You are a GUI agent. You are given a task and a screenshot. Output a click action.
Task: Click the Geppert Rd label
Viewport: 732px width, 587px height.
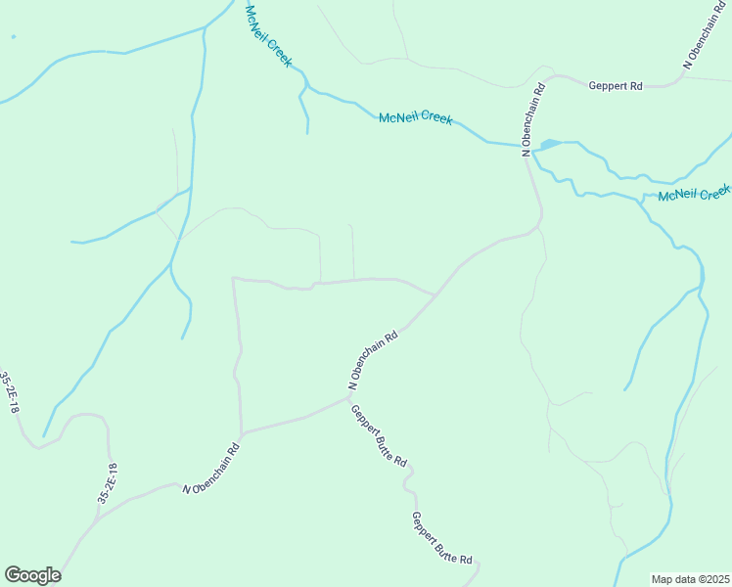[615, 86]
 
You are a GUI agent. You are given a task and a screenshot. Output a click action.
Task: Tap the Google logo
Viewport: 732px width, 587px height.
[32, 575]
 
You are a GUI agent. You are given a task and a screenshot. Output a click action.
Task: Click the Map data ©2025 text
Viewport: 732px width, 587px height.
[691, 579]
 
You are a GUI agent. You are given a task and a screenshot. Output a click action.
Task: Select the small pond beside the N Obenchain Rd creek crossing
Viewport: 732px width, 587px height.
[549, 145]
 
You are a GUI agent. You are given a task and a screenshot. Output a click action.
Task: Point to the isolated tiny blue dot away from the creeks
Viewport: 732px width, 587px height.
[13, 37]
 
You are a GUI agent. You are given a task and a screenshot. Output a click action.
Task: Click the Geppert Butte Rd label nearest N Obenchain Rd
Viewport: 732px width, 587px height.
[379, 435]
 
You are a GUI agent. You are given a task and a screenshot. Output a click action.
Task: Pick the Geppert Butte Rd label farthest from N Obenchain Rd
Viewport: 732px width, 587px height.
[441, 538]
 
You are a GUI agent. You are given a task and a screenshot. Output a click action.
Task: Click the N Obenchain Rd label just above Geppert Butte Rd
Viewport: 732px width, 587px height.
[372, 360]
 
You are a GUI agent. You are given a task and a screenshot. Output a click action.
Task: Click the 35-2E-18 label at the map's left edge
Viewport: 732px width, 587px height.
[9, 391]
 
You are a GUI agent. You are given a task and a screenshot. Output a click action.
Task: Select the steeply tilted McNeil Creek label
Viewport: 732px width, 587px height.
[268, 35]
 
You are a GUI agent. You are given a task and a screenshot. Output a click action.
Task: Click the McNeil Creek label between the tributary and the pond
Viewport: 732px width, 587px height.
[415, 118]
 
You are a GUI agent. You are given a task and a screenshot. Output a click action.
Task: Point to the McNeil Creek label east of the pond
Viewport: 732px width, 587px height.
[695, 193]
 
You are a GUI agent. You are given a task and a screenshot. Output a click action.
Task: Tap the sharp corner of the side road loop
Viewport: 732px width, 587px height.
[233, 279]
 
